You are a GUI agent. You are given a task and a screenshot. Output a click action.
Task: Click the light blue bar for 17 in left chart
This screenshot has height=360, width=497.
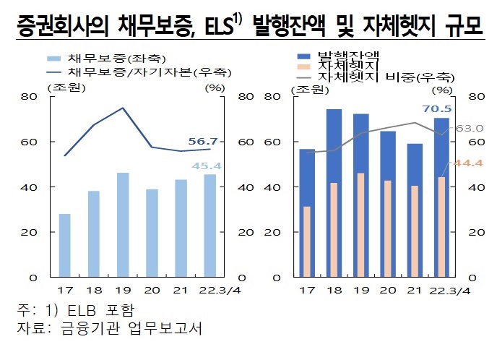pyautogui.click(x=65, y=246)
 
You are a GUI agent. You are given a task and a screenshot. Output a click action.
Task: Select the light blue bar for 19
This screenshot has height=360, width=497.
pyautogui.click(x=123, y=225)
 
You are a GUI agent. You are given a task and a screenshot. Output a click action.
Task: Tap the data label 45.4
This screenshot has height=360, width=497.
pyautogui.click(x=206, y=166)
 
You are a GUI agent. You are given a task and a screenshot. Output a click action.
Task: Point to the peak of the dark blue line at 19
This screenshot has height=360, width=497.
pyautogui.click(x=123, y=108)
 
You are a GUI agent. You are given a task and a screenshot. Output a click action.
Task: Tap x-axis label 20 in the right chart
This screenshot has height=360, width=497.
pyautogui.click(x=387, y=291)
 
